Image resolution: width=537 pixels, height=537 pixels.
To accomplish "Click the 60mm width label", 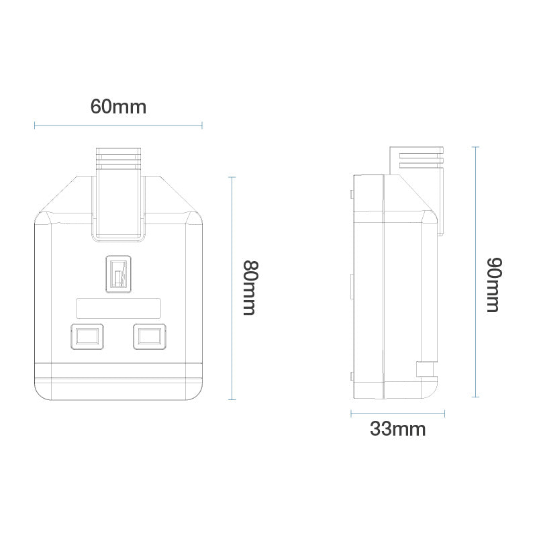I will [118, 106].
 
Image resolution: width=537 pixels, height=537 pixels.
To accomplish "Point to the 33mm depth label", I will [397, 430].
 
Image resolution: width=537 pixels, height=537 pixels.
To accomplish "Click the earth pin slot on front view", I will [118, 274].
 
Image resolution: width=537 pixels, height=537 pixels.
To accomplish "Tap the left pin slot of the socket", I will [87, 336].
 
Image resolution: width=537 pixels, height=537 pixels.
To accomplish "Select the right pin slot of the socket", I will [149, 336].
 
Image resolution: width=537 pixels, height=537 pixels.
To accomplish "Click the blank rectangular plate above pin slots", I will [118, 308].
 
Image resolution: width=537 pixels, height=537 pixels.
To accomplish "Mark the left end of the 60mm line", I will [34, 124].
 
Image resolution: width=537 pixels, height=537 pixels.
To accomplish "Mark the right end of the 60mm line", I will [202, 124].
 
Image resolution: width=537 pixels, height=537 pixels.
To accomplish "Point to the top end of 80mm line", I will [232, 177].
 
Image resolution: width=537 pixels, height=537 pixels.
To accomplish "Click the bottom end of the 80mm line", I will [232, 399].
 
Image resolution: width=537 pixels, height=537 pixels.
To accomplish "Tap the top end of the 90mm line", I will [475, 147].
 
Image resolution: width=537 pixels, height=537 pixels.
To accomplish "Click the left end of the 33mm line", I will [351, 413].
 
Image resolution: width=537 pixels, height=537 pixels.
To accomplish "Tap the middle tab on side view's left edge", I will [351, 285].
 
